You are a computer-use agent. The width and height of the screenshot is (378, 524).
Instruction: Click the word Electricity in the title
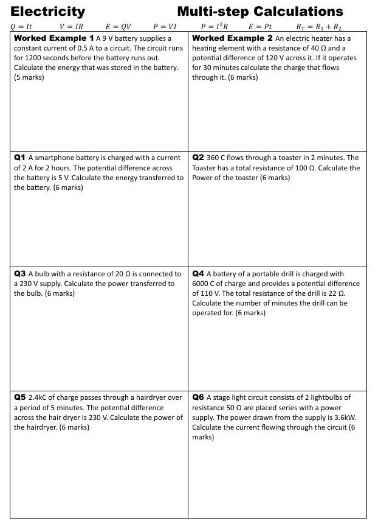tap(48, 11)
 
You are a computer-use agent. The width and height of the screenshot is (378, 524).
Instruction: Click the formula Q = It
tap(21, 27)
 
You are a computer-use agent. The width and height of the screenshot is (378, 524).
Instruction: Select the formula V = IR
tap(71, 27)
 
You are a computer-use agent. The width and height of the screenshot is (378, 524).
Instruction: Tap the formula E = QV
tap(118, 27)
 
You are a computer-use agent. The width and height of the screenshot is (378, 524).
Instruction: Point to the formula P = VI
tap(165, 27)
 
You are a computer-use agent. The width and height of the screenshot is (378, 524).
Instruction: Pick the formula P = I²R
tap(214, 27)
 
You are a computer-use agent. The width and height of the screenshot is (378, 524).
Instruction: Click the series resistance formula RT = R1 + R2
tap(318, 27)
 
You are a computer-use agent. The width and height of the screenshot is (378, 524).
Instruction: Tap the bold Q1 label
tap(19, 158)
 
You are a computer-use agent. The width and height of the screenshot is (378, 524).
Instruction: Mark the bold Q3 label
tap(19, 274)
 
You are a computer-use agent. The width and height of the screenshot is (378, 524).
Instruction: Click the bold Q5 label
tap(19, 397)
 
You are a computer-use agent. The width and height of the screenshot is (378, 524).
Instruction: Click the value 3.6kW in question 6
tap(345, 417)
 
